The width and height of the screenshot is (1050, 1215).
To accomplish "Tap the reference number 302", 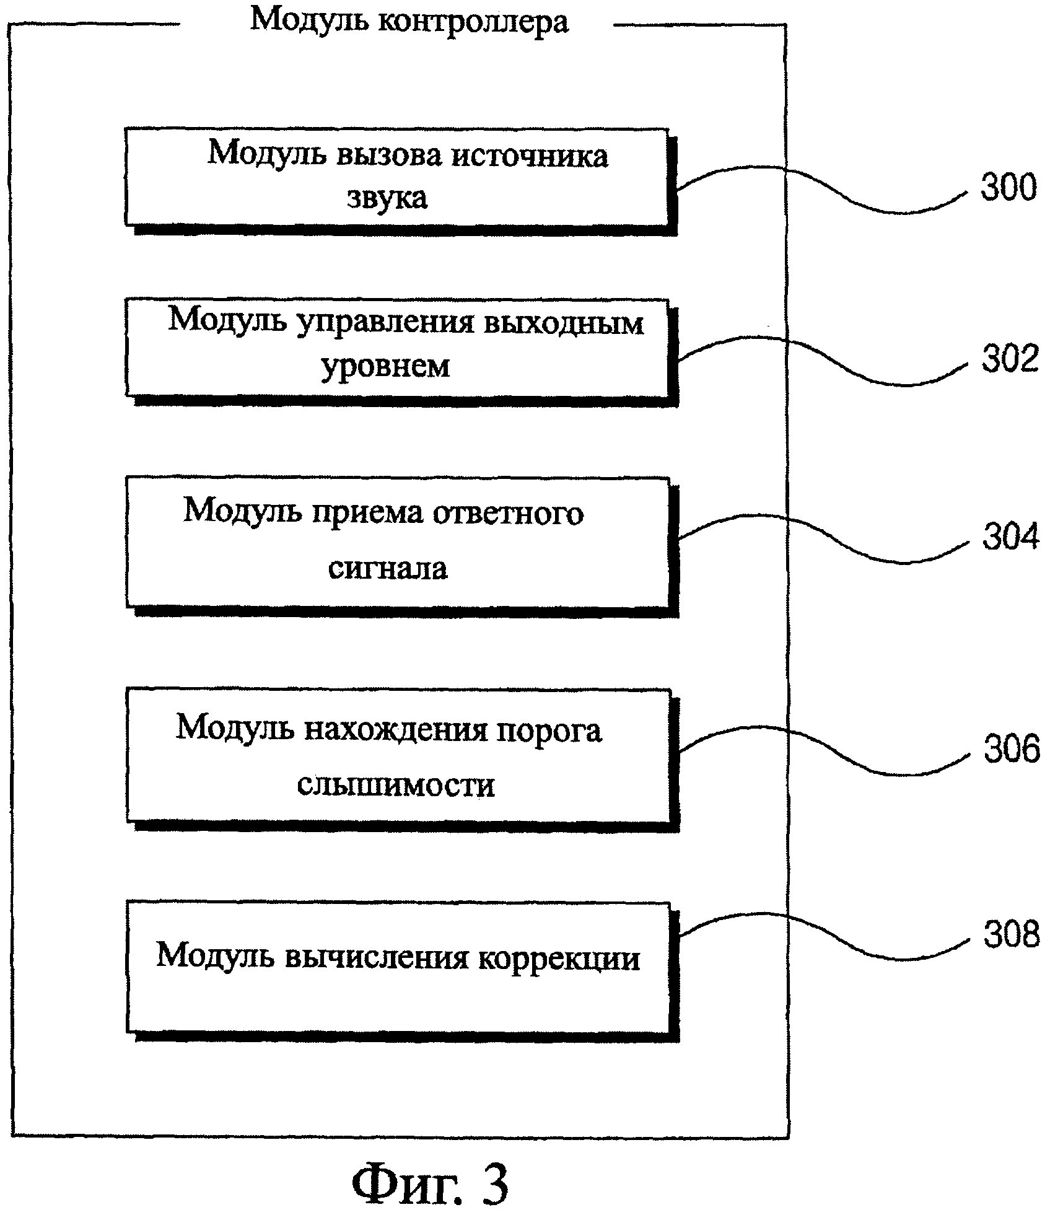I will pyautogui.click(x=1010, y=358).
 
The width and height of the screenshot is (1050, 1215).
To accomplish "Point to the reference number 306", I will pyautogui.click(x=1012, y=748).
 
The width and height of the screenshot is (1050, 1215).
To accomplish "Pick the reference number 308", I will pyautogui.click(x=1012, y=934).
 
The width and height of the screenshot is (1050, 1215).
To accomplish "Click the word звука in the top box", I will pyautogui.click(x=387, y=198).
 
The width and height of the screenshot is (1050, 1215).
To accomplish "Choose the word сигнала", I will pyautogui.click(x=388, y=568).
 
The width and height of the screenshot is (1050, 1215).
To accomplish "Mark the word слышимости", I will pyautogui.click(x=396, y=785).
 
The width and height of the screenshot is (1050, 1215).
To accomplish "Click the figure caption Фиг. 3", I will pyautogui.click(x=429, y=1183).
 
